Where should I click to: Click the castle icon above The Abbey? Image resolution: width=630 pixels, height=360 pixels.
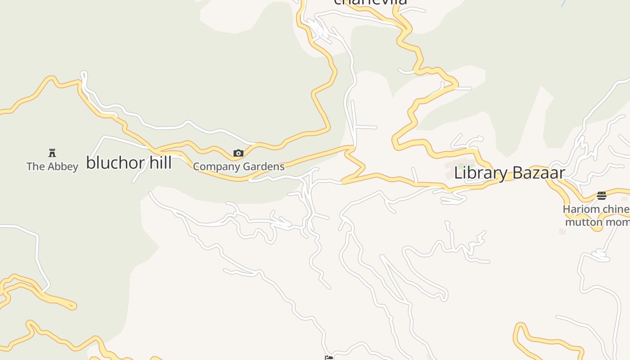click(x=52, y=153)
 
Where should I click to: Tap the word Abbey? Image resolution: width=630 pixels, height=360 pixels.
click(x=62, y=166)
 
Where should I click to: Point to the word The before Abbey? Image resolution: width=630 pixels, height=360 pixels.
click(x=35, y=166)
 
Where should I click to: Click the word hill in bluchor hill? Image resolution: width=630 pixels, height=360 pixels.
click(x=160, y=162)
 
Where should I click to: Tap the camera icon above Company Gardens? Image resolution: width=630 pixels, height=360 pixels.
click(x=238, y=153)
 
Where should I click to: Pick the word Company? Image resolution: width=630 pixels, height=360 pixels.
click(x=216, y=167)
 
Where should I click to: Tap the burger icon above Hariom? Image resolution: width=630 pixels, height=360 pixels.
click(x=602, y=195)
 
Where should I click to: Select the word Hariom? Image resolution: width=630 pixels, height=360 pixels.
click(x=581, y=209)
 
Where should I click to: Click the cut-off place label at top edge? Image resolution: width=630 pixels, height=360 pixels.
click(x=370, y=2)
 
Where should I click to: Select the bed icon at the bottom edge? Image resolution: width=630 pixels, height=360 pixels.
click(x=329, y=358)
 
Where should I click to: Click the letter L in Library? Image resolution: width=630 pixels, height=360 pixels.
click(x=459, y=173)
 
